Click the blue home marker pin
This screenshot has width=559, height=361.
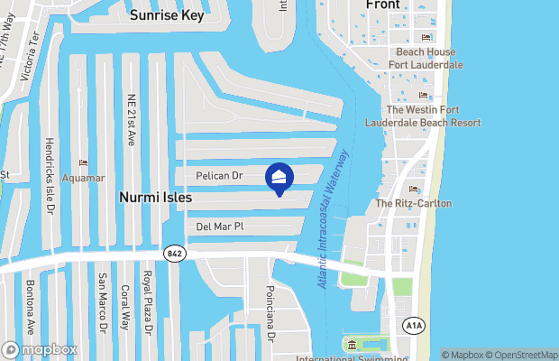279,179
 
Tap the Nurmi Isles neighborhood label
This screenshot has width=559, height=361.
154,195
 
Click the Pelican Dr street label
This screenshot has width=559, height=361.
220,174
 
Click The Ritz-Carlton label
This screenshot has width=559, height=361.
414,204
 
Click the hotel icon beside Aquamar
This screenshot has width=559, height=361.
84,163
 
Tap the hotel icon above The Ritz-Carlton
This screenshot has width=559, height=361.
414,189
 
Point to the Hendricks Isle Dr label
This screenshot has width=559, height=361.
50,177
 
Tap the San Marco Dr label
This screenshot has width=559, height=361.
103,301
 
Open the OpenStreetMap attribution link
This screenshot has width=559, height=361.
520,355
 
